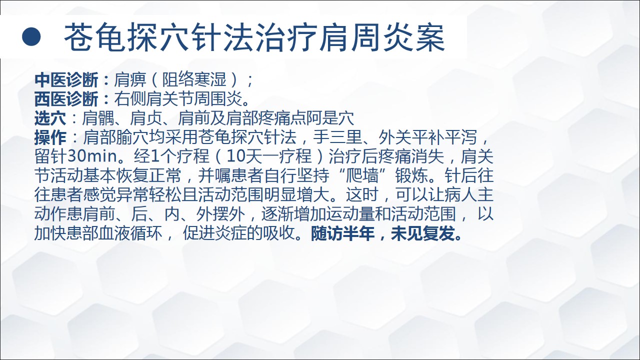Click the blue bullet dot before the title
click(31, 36)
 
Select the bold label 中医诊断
click(66, 79)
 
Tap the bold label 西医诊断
click(66, 99)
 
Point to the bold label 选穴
click(50, 118)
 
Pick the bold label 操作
click(50, 137)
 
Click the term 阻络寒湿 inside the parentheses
click(194, 79)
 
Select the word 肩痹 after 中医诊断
click(130, 79)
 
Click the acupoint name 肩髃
click(98, 118)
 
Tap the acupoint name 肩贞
click(146, 118)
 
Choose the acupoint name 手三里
click(337, 137)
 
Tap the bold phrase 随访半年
click(342, 233)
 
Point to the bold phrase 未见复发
click(422, 233)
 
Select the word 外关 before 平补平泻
click(395, 137)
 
